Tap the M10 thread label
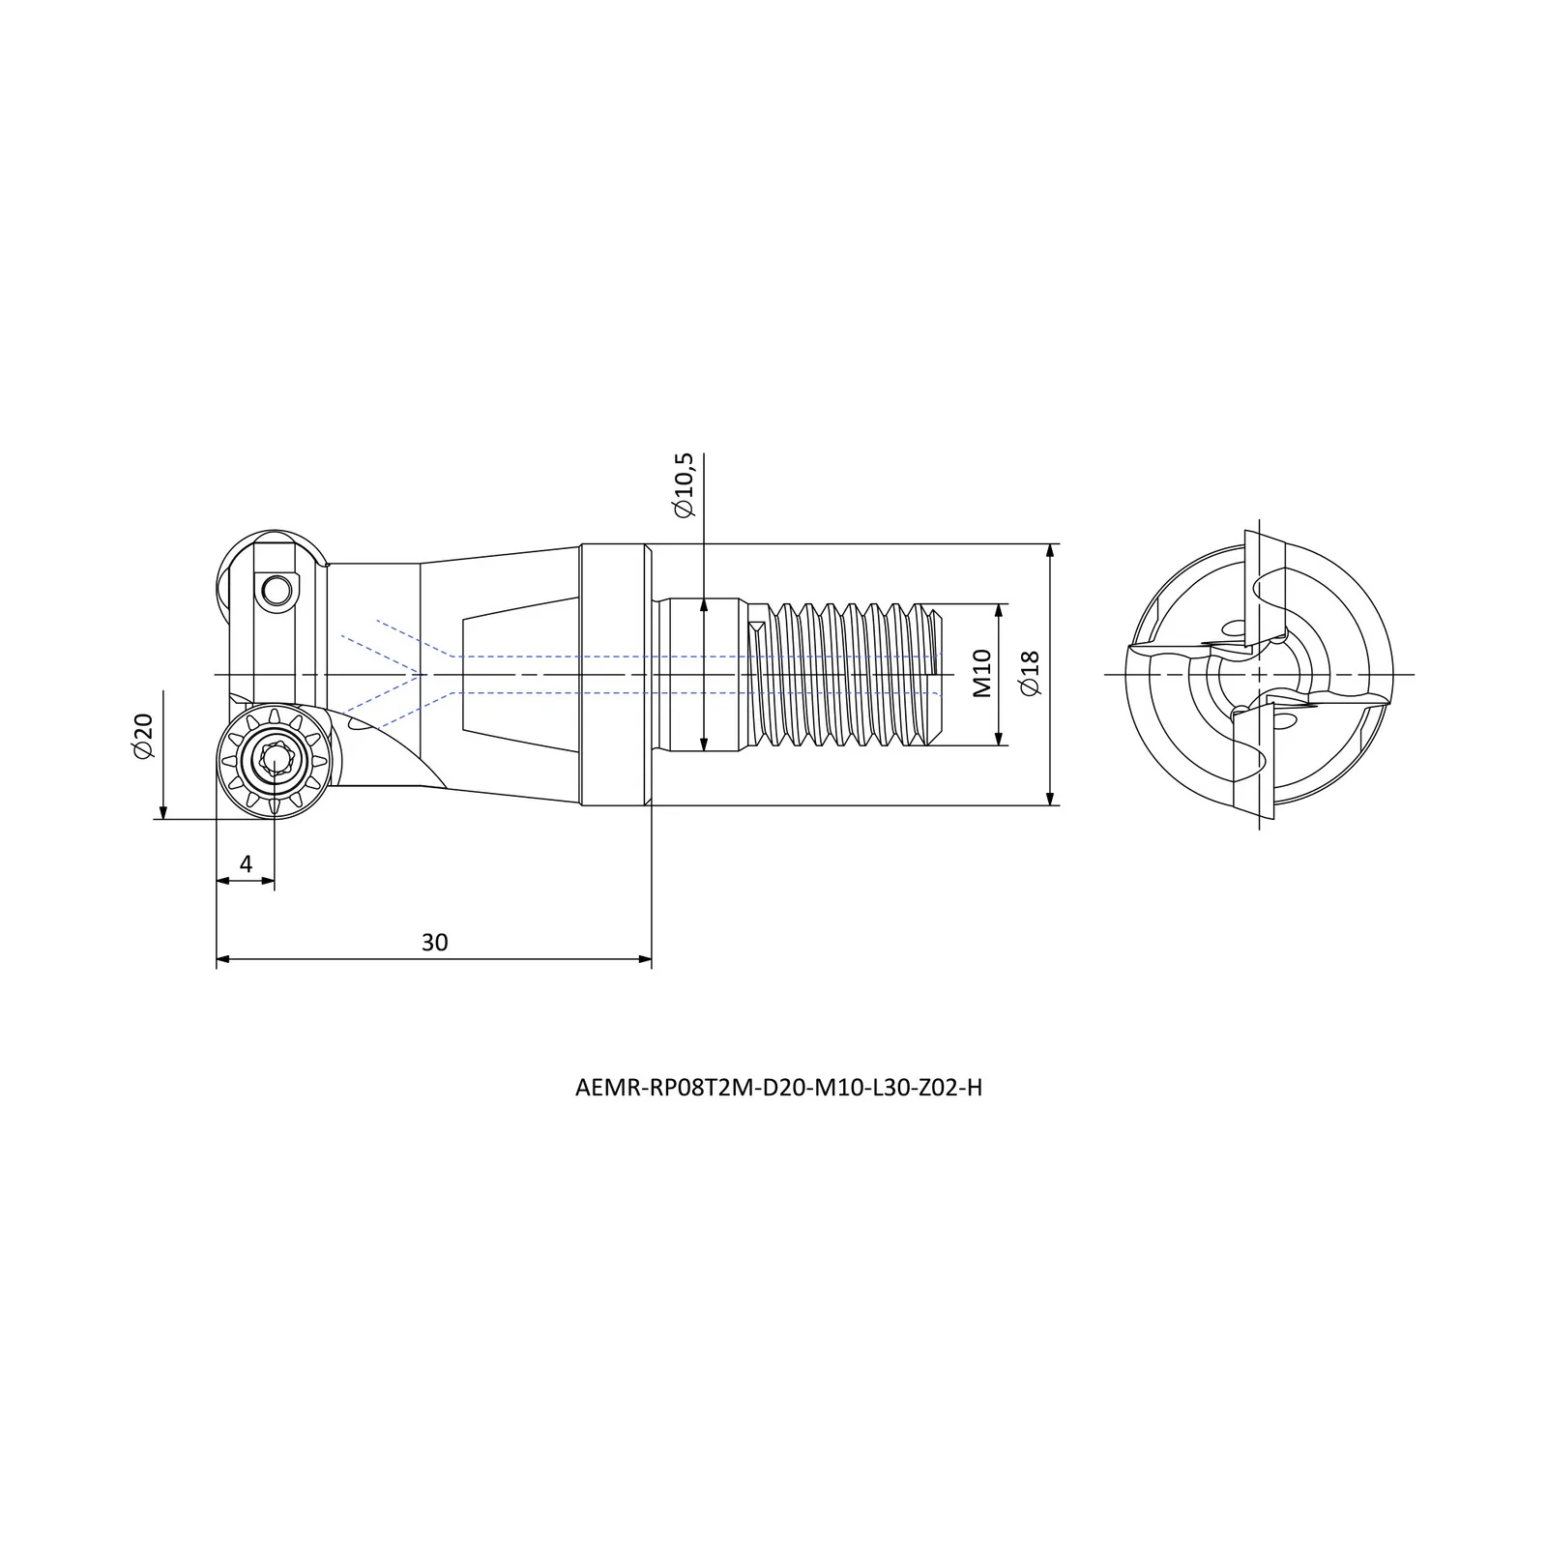pos(982,674)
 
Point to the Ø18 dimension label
pos(1030,673)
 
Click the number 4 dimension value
pos(246,863)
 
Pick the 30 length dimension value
pos(435,942)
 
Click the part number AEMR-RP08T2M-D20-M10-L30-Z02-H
pos(778,1088)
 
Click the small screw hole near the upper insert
pos(277,589)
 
